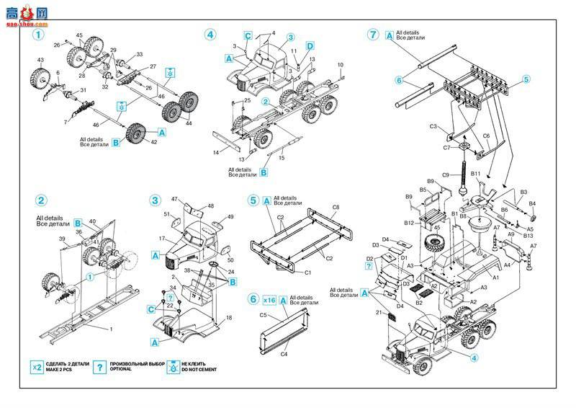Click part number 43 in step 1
(41, 60)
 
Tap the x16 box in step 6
(270, 299)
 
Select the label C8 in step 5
(336, 207)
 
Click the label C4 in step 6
(284, 354)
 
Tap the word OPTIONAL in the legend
(121, 370)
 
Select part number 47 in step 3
(174, 198)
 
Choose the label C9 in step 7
(446, 175)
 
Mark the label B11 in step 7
(476, 174)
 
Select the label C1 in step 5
(307, 272)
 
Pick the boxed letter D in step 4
(310, 46)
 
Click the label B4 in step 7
(532, 204)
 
